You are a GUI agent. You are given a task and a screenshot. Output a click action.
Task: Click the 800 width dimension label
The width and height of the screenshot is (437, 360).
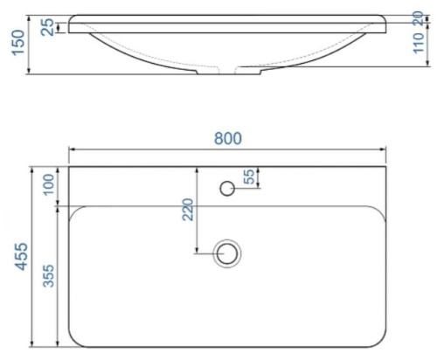tap(227, 138)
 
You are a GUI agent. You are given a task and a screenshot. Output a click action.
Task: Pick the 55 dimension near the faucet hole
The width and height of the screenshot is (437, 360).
tap(249, 177)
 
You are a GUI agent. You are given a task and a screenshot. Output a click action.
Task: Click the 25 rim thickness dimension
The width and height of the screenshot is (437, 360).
tap(47, 27)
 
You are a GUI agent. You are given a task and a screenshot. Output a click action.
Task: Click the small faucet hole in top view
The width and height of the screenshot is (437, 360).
tap(227, 188)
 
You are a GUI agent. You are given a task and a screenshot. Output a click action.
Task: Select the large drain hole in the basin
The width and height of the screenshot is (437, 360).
tap(228, 253)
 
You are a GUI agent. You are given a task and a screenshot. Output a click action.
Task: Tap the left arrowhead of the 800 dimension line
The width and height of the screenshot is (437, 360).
tap(71, 149)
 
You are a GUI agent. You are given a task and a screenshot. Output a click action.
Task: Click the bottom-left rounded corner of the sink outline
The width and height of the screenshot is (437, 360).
tap(73, 341)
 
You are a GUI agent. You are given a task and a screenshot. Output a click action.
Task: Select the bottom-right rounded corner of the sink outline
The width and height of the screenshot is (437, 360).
tap(379, 341)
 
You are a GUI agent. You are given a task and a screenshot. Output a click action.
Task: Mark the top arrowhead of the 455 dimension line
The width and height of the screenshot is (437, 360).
tap(34, 169)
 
